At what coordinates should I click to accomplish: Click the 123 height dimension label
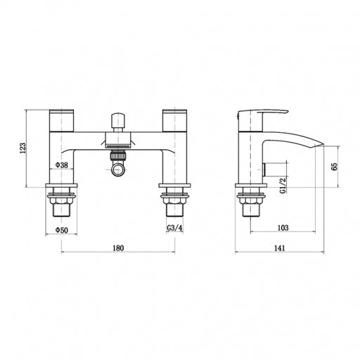coord(22,148)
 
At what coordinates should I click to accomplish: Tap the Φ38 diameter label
coord(62,165)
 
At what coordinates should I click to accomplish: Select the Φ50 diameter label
coord(62,230)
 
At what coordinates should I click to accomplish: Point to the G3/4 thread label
coord(174,228)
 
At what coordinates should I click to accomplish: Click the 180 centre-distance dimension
coord(118,248)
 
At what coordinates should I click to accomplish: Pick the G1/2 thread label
coord(283,185)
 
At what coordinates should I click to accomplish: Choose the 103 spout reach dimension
coord(283,228)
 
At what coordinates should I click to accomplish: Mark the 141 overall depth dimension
coord(280,248)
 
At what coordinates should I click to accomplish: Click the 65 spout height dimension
coord(335,166)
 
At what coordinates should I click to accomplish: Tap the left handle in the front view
coord(62,120)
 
